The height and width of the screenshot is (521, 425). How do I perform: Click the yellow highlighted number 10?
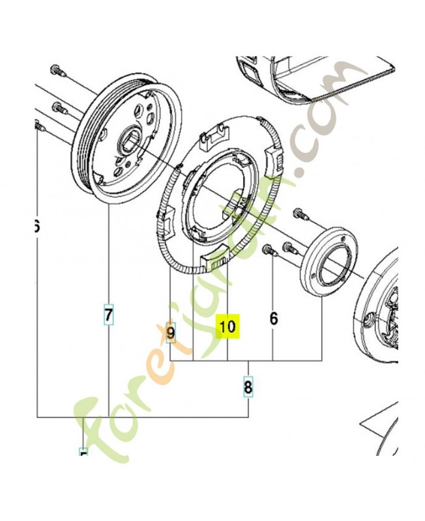coord(228,326)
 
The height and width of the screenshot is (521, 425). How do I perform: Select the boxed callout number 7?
coord(108,315)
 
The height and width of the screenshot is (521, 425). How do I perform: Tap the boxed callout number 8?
coord(248,388)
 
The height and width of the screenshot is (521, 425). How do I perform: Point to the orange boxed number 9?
coord(171,333)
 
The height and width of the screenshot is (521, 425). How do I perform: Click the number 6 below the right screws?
coord(273,318)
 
